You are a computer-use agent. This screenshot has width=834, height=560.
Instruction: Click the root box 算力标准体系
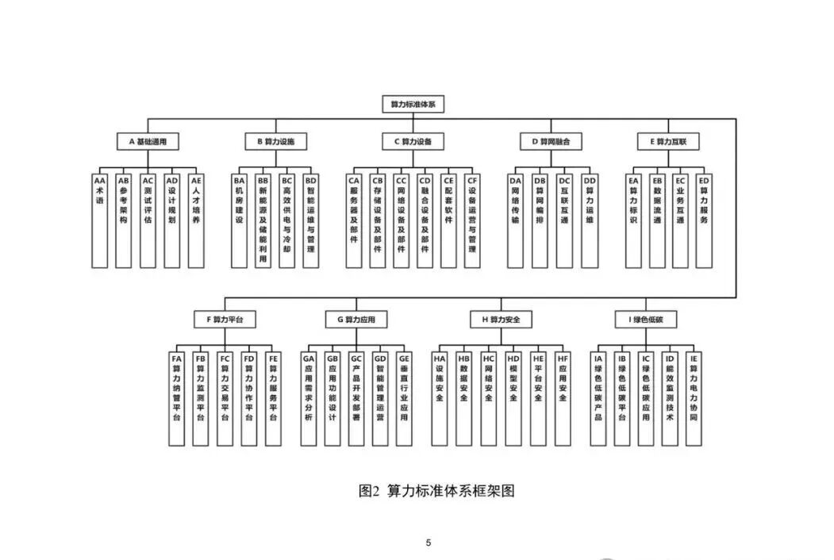click(413, 104)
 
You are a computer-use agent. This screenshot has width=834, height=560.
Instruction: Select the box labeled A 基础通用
click(148, 142)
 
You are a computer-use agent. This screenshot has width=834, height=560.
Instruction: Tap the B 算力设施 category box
click(275, 142)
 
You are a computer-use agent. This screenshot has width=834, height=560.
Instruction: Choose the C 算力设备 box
click(413, 142)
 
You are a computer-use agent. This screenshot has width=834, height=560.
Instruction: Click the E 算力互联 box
click(669, 142)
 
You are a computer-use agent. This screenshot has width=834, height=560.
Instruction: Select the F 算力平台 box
click(225, 320)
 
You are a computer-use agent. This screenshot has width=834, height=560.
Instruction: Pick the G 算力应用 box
click(356, 320)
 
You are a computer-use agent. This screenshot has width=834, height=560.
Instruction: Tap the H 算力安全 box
click(501, 320)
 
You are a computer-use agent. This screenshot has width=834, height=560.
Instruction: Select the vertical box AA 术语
click(100, 220)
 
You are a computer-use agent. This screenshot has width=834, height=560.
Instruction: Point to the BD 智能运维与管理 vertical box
click(311, 220)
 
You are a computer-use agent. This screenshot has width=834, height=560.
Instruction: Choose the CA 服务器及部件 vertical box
click(354, 220)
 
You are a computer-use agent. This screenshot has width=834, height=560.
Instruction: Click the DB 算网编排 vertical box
click(540, 220)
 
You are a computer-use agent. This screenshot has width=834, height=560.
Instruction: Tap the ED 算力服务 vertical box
click(704, 220)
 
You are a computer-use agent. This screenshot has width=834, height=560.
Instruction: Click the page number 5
click(429, 543)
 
